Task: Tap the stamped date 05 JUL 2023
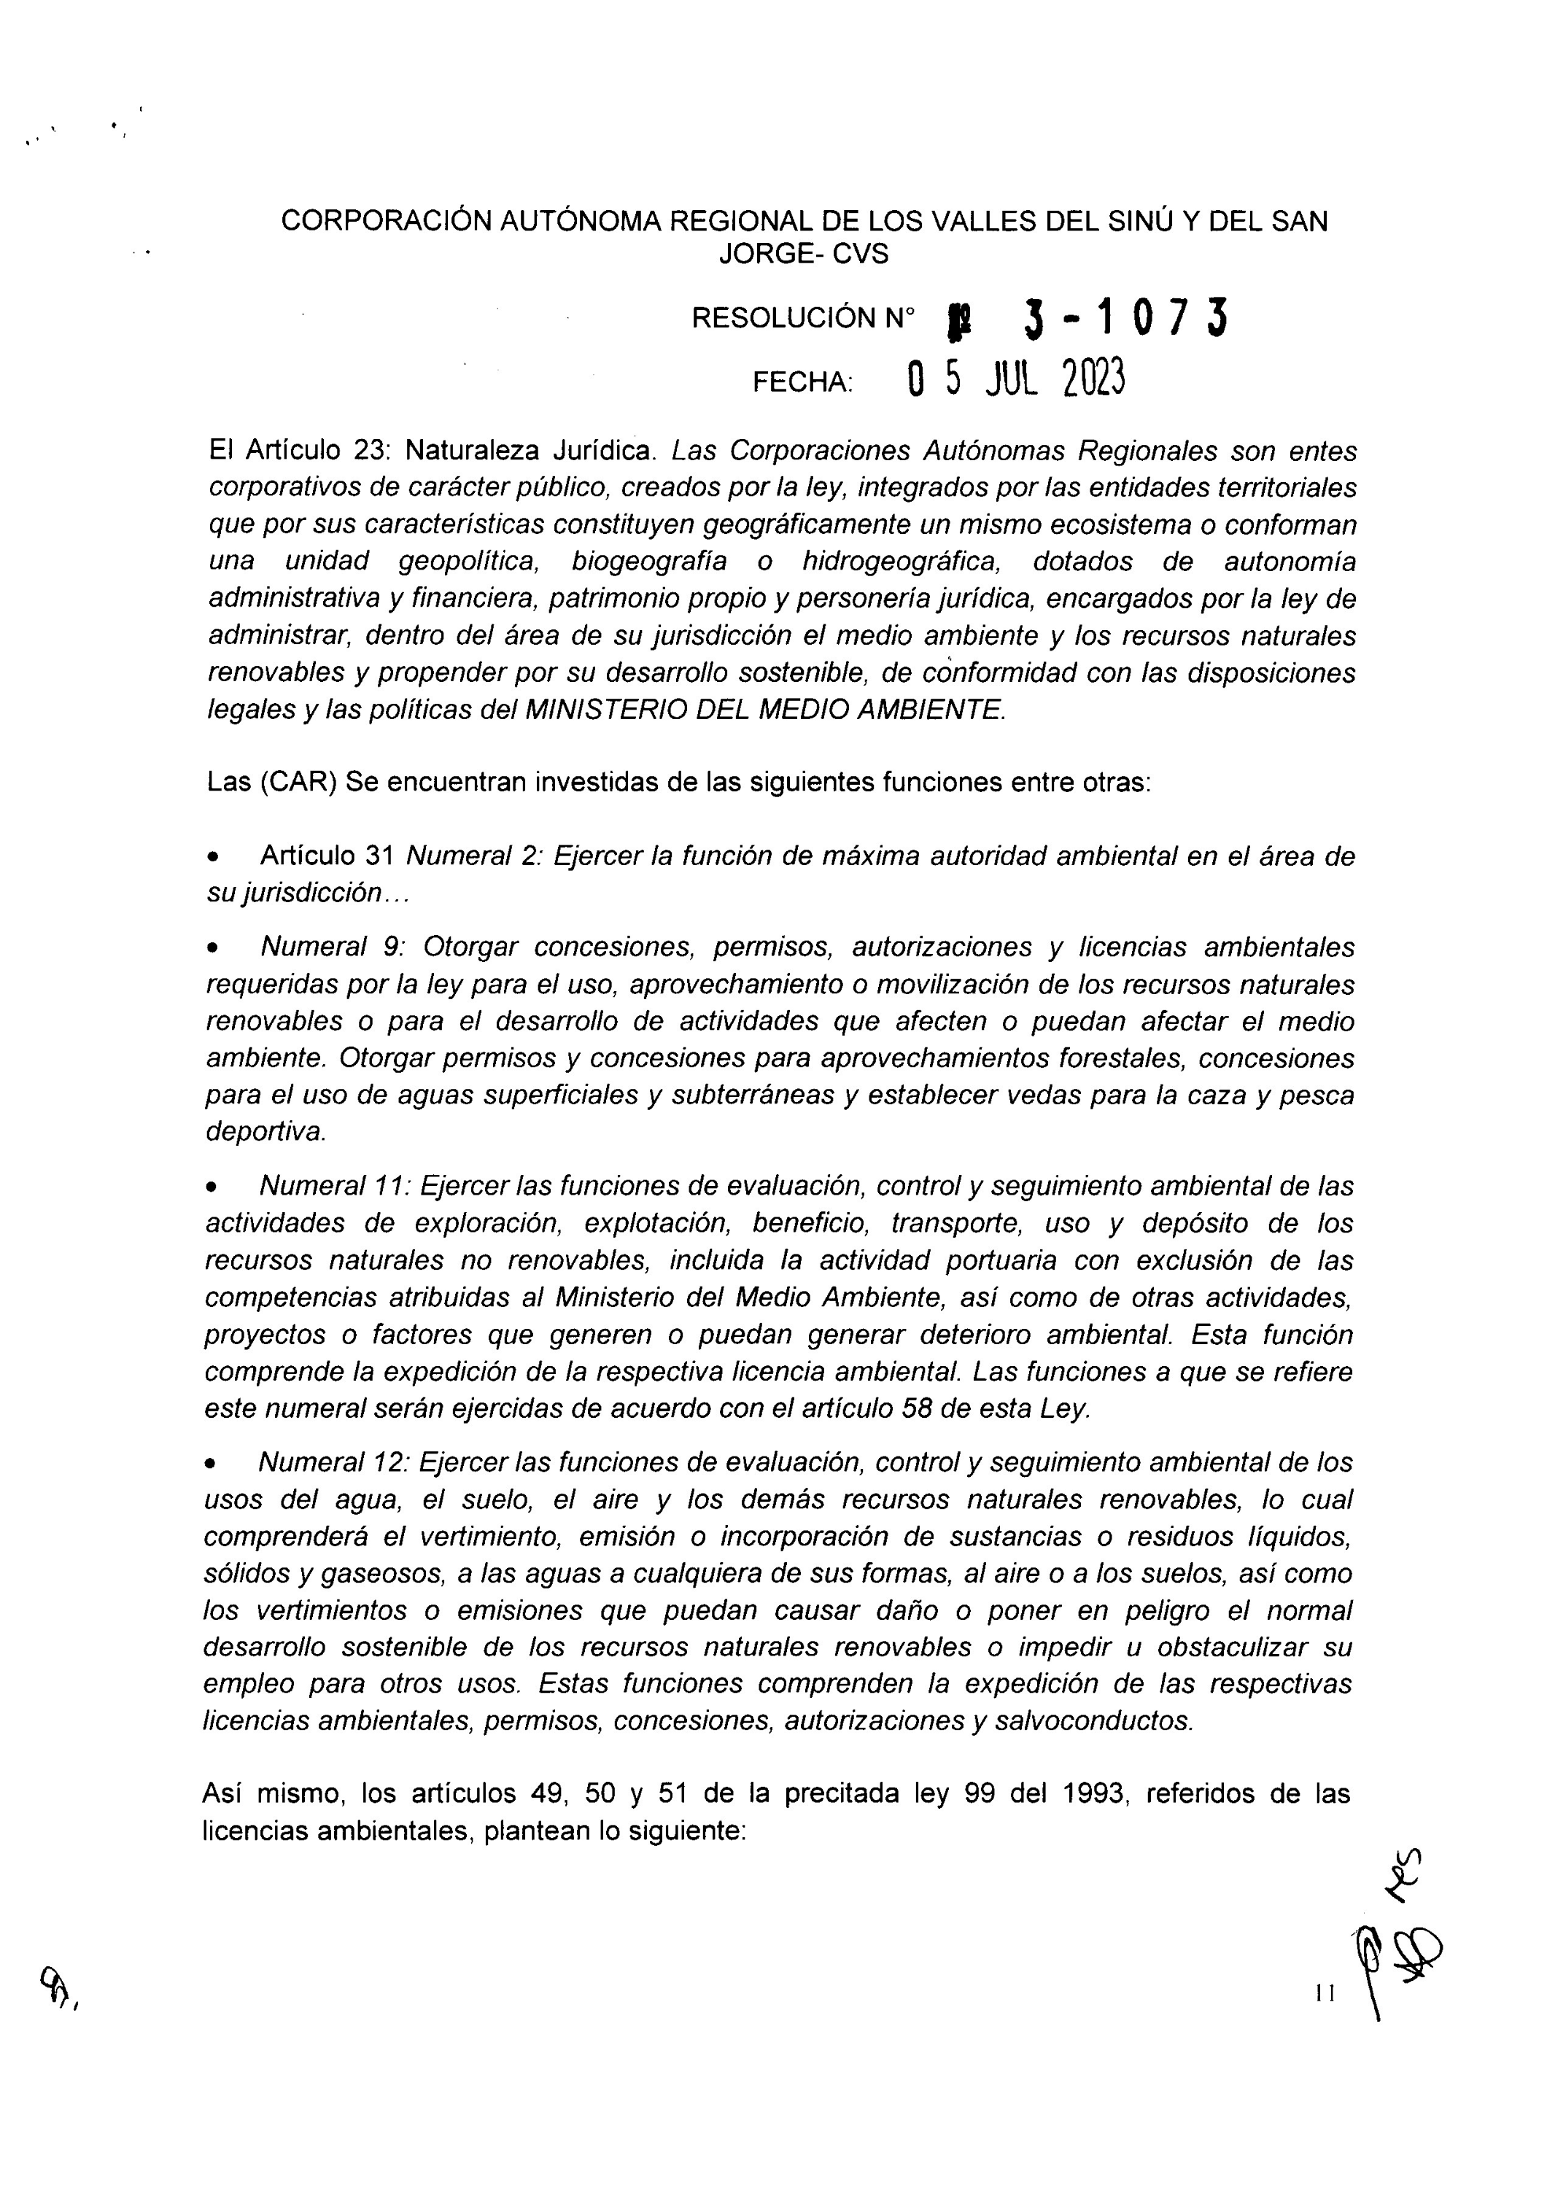click(x=1016, y=379)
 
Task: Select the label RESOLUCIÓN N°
click(x=802, y=318)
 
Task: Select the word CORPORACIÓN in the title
click(x=386, y=221)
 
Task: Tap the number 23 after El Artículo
click(x=370, y=450)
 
